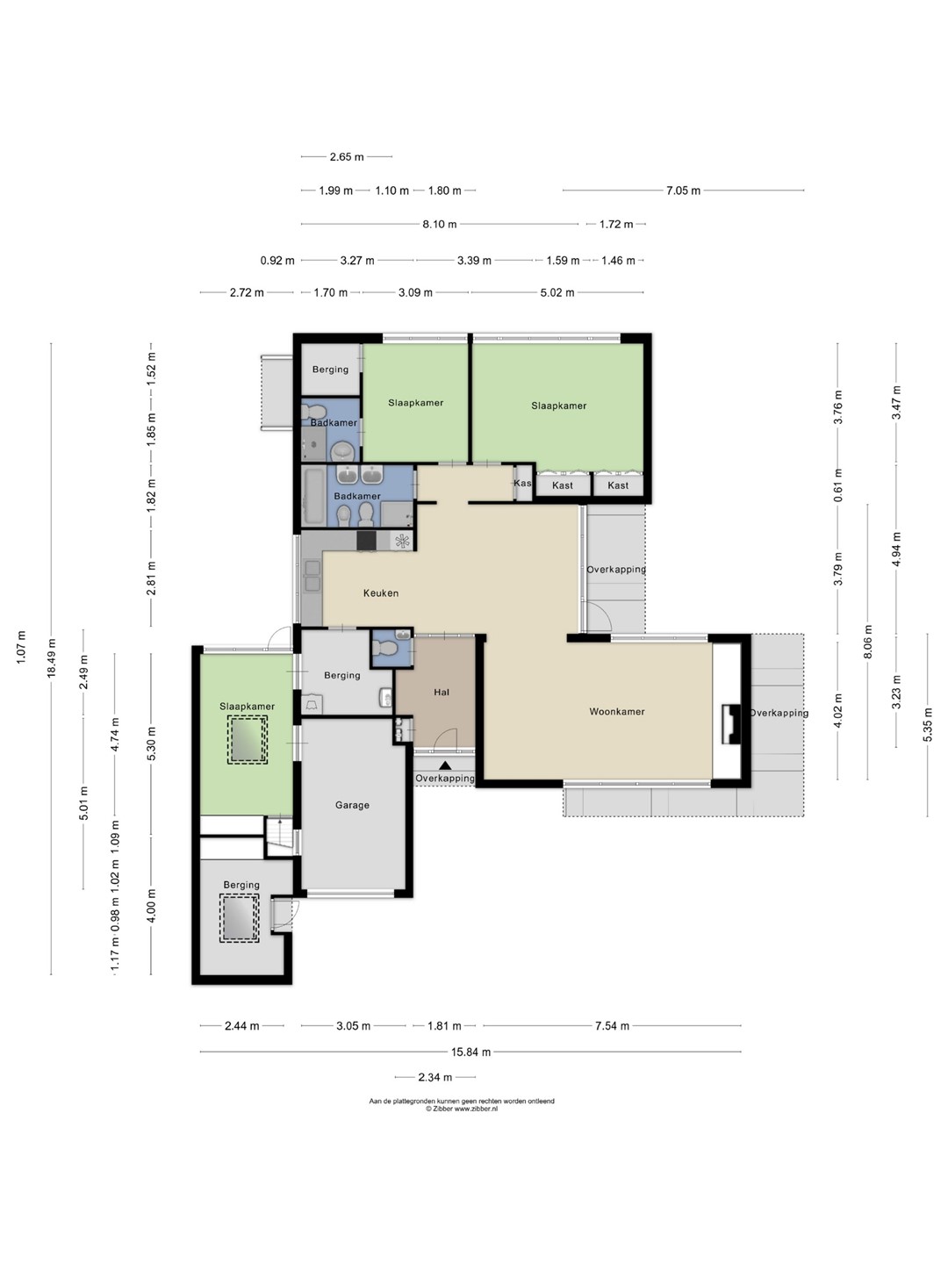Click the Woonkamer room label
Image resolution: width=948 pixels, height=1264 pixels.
click(x=616, y=712)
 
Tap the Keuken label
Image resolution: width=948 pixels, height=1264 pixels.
click(x=380, y=593)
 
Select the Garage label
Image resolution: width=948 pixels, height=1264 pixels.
click(x=352, y=805)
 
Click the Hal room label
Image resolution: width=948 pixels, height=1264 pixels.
click(x=442, y=693)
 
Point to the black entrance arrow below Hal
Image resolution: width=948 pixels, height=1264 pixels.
click(x=445, y=765)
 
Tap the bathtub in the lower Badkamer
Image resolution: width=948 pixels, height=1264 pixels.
click(x=313, y=497)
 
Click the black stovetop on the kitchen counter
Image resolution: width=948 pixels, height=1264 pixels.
click(x=366, y=541)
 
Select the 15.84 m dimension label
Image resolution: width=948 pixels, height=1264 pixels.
click(x=470, y=1052)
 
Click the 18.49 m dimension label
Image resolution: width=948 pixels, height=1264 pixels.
click(x=51, y=658)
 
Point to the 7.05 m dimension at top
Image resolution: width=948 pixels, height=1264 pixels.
click(x=683, y=190)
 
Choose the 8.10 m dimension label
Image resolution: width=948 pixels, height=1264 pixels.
click(x=439, y=224)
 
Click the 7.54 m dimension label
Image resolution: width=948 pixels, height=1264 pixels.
click(x=612, y=1025)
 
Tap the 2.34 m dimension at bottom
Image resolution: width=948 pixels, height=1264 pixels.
click(x=434, y=1077)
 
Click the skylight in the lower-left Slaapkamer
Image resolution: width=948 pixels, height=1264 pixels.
click(x=247, y=739)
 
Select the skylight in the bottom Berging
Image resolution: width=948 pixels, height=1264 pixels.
click(x=239, y=918)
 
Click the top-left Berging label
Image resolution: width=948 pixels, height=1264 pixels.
click(x=330, y=370)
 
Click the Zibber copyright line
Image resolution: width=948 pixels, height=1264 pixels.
click(x=462, y=1109)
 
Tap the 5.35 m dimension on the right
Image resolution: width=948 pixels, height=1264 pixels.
click(x=927, y=724)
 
